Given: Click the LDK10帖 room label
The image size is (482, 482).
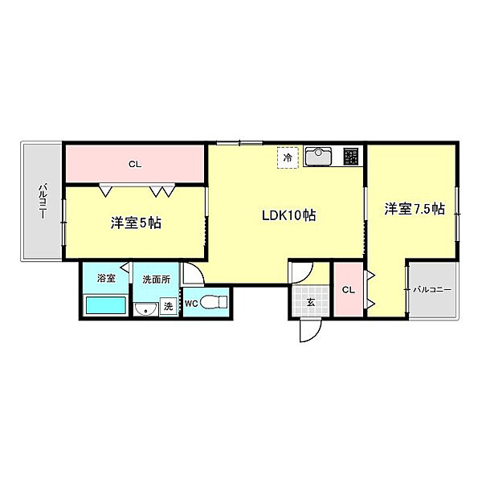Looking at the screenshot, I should point(287,215).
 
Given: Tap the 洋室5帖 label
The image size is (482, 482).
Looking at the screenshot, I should point(136,223).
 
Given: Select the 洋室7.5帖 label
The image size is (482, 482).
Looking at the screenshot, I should point(414,209).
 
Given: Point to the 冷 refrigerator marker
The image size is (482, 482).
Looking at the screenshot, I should point(288,158).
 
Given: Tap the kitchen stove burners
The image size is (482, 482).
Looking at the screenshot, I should point(352,155).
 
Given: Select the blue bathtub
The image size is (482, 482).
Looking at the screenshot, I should point(104,306).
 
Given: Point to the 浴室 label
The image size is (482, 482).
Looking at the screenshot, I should point(106,279).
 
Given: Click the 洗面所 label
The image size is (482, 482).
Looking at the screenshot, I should point(156,279).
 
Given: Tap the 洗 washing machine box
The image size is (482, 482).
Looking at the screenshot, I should point(168,305).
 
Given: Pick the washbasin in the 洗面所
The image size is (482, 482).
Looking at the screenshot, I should point(146,309).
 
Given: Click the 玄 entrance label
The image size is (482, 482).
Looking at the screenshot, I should point(310,302).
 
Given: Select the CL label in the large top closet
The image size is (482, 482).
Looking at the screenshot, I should point(134,165).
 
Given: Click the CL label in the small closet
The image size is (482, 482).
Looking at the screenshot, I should point(349,289).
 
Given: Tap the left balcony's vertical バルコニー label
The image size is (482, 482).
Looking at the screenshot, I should point(43,201).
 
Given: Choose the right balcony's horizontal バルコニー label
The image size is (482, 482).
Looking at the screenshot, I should point(433,289).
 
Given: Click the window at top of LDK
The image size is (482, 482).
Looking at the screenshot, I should point(239,144).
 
